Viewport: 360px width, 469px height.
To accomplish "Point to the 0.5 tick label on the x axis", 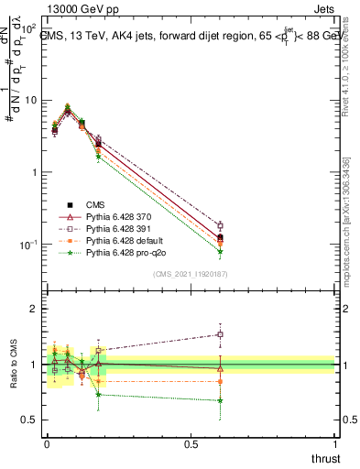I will [191, 444].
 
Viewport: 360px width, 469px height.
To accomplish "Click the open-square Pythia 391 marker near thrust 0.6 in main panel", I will [220, 225].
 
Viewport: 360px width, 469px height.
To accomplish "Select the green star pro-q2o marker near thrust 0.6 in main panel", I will [220, 252].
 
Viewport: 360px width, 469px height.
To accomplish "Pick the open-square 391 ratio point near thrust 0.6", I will [220, 334].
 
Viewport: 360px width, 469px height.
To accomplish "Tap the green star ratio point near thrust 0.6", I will [220, 400].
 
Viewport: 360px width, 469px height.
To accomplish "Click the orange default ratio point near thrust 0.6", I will [220, 381].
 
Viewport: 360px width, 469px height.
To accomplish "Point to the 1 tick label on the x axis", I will [335, 444].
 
